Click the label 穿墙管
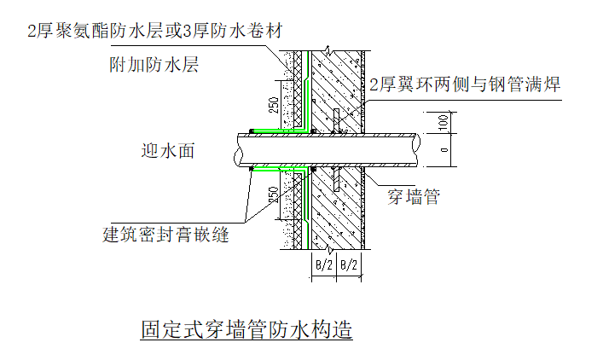[x=414, y=197]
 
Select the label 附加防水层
[x=154, y=64]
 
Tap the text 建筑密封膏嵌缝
[x=166, y=233]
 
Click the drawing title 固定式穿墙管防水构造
[x=246, y=329]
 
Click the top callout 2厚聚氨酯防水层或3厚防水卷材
[x=154, y=31]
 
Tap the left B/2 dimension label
[x=323, y=265]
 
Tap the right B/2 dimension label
[x=349, y=265]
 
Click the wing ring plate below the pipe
[x=337, y=179]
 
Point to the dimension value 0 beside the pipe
[x=443, y=150]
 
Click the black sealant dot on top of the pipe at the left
[x=251, y=131]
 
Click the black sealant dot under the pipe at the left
[x=251, y=169]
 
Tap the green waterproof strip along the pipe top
[x=277, y=131]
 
